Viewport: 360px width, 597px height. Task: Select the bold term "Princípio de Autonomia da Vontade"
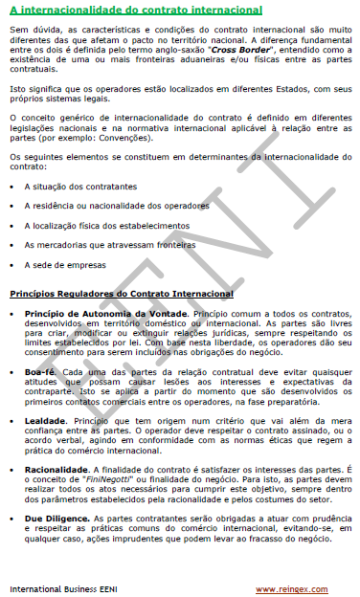point(106,314)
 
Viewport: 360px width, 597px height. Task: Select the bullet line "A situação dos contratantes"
point(80,187)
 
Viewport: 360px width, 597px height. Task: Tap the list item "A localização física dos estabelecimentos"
point(108,225)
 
